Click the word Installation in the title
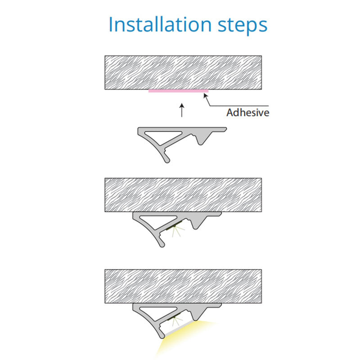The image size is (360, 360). click(160, 24)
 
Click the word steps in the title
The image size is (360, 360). click(243, 26)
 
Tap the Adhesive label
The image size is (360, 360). click(248, 112)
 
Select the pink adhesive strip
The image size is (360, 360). click(178, 91)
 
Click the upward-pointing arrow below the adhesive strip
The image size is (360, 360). click(182, 110)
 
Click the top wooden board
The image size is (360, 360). click(183, 72)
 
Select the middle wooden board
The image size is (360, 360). click(183, 195)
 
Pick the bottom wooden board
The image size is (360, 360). click(183, 286)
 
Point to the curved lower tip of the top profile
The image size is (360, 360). click(167, 160)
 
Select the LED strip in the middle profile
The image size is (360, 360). click(174, 225)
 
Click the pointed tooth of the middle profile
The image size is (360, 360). click(196, 227)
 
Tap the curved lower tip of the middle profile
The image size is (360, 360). click(162, 244)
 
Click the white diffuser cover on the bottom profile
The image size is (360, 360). click(179, 328)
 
